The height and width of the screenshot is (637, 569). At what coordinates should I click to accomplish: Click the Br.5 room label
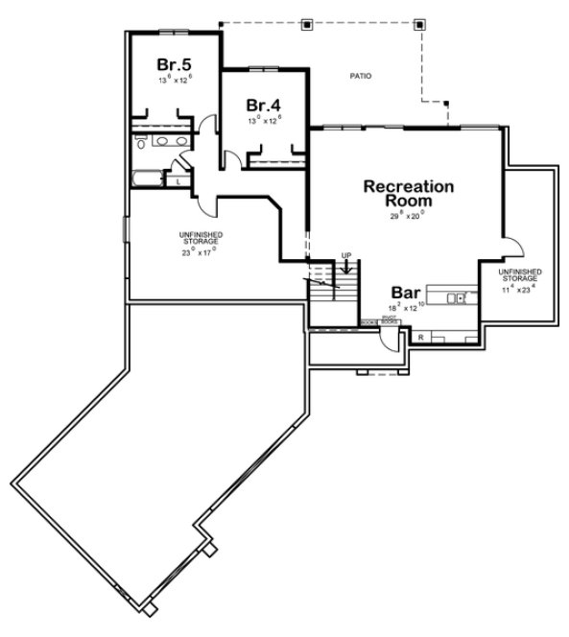pyautogui.click(x=176, y=63)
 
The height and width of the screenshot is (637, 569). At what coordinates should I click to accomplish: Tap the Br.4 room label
pyautogui.click(x=262, y=105)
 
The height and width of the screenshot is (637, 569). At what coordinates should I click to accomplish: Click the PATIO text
pyautogui.click(x=359, y=75)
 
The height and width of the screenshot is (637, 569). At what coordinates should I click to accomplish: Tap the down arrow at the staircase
pyautogui.click(x=346, y=267)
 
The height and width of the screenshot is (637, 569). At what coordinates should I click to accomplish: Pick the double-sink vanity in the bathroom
pyautogui.click(x=171, y=142)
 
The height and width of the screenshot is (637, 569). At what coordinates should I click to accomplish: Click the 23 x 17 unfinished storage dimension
pyautogui.click(x=199, y=253)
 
